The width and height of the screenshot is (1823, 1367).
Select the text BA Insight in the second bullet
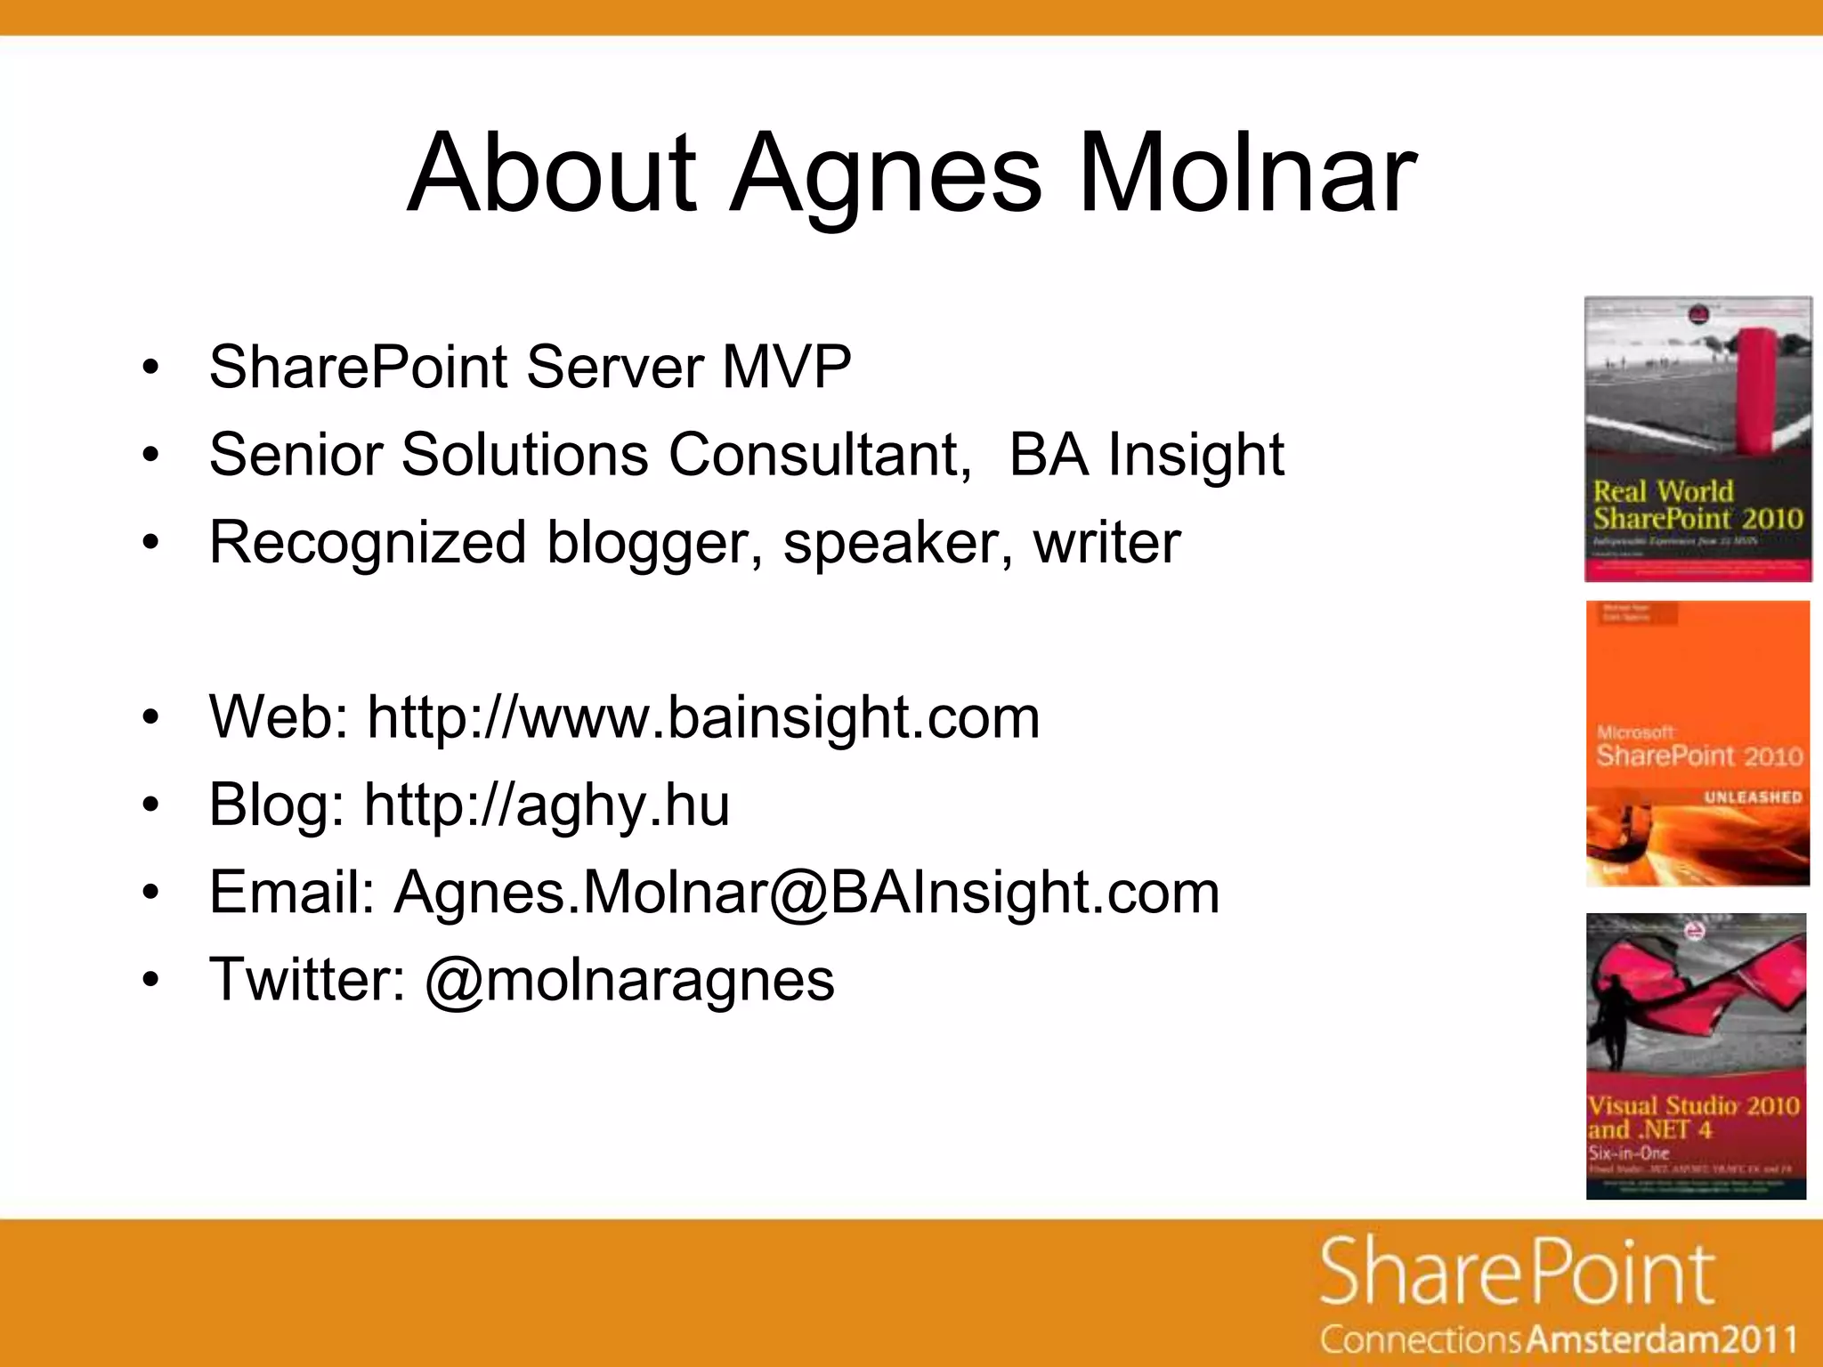pos(1146,455)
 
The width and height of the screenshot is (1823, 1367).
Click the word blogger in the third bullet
pos(654,542)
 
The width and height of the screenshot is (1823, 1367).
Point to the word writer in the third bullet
pos(1106,542)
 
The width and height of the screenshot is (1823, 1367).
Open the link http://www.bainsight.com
pos(703,716)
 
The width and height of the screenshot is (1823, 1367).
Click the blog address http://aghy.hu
pos(547,805)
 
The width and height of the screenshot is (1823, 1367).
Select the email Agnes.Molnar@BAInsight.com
pos(806,892)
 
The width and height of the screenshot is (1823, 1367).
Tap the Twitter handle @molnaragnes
pos(629,980)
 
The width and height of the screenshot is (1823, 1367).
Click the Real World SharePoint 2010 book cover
pos(1697,439)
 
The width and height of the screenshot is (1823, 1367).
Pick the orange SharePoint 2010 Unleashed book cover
pos(1697,743)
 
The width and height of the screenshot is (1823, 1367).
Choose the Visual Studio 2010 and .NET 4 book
pos(1696,1056)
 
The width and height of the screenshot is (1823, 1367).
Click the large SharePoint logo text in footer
pos(1517,1273)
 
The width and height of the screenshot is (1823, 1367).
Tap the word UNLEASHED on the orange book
pos(1752,797)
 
